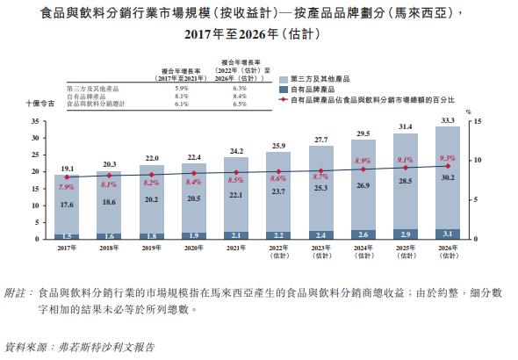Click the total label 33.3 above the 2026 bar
click(447, 120)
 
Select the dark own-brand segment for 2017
click(67, 236)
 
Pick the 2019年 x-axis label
click(152, 249)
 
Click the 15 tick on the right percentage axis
click(475, 121)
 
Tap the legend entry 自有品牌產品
click(308, 90)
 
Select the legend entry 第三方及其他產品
click(315, 79)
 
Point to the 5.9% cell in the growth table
click(183, 89)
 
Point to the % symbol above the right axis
click(469, 112)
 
